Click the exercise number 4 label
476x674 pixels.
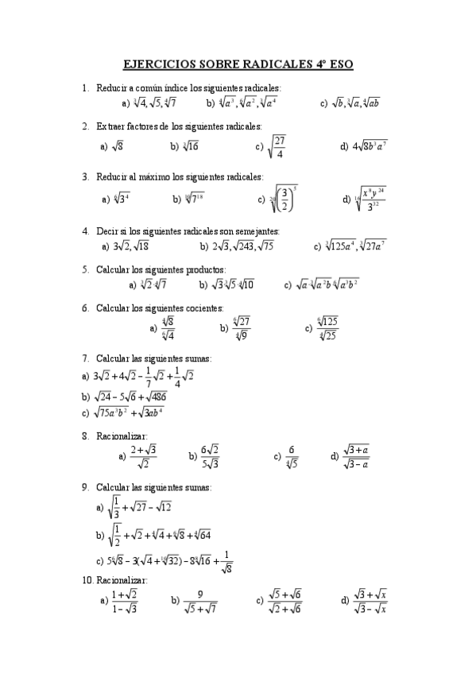(x=85, y=231)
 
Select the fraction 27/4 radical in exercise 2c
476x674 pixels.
(x=276, y=147)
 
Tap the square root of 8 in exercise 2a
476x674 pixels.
(x=116, y=147)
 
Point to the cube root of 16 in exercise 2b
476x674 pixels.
(x=191, y=146)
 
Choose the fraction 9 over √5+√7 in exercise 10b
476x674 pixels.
(x=200, y=602)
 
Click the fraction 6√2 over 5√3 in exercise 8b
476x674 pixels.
(x=210, y=456)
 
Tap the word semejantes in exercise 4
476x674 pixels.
(x=254, y=231)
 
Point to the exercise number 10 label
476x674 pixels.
(x=87, y=581)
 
